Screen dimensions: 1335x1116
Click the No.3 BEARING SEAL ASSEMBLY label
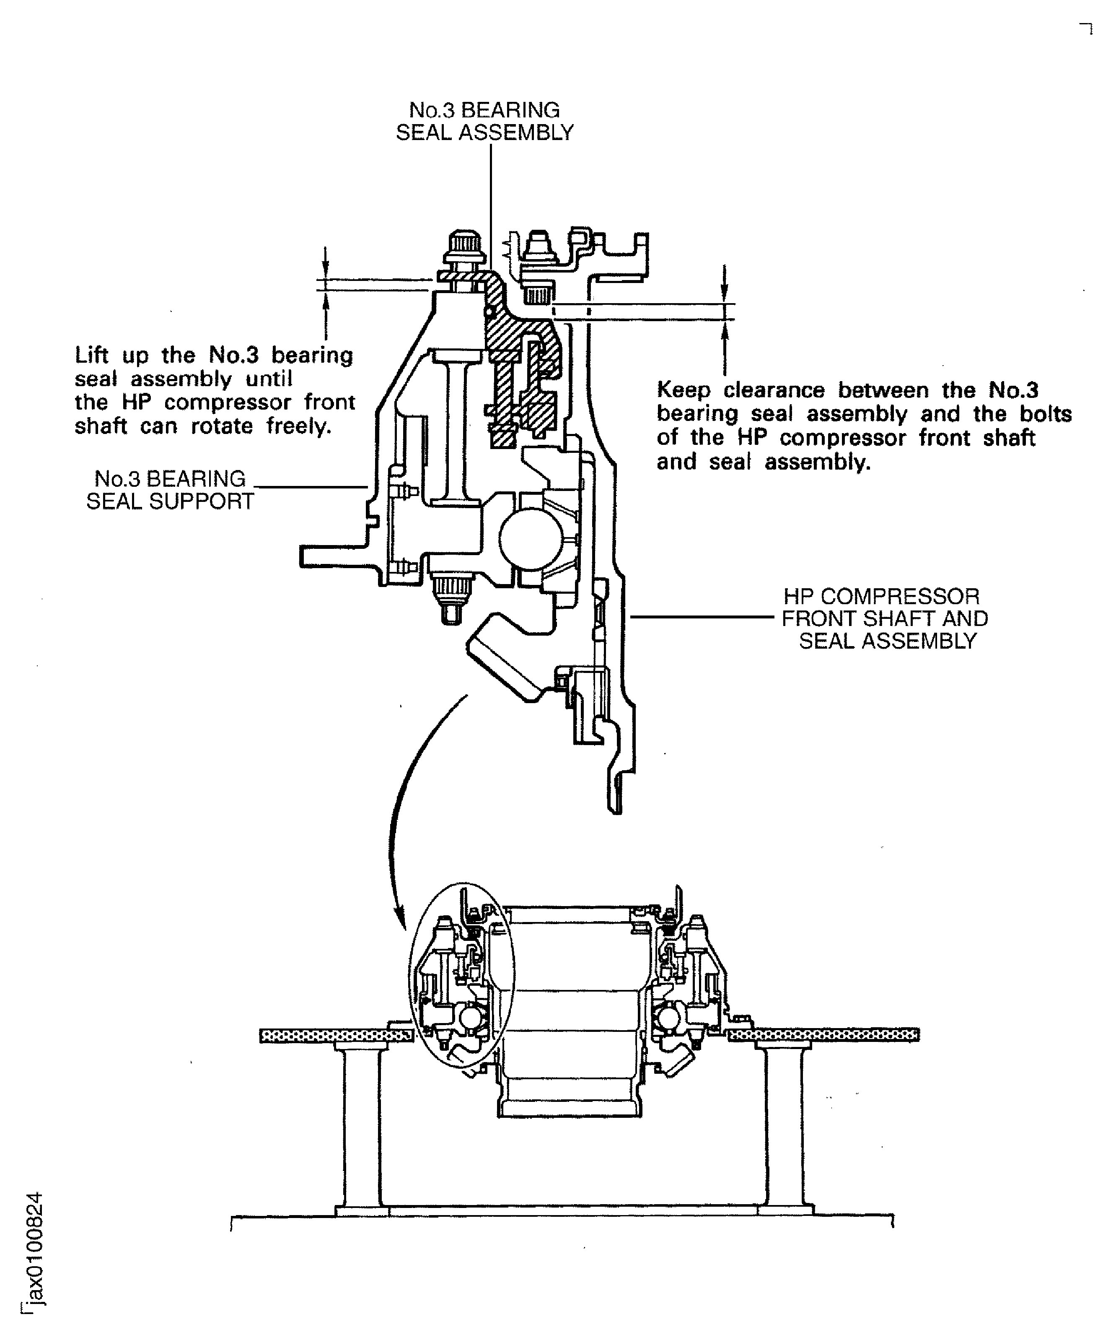point(484,122)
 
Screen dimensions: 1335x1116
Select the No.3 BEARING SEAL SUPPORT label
point(170,490)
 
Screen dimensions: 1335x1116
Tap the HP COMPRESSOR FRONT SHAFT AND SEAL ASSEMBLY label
point(885,618)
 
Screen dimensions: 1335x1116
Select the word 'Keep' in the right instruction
point(683,390)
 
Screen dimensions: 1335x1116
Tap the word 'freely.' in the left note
point(299,426)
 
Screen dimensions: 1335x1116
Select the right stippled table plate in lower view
point(823,1036)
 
